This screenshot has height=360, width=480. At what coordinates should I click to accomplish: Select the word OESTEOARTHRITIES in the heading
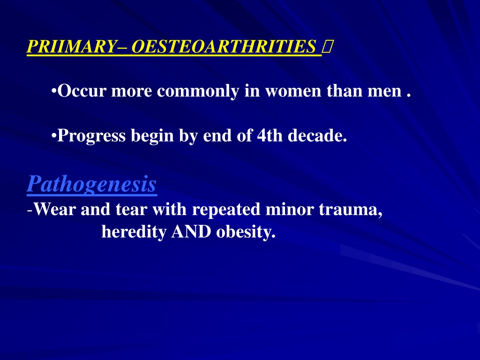click(224, 46)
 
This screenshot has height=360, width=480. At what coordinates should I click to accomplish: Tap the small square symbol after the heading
click(326, 47)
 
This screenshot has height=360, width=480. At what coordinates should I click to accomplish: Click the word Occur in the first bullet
click(82, 91)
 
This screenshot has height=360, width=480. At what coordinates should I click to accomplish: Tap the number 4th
click(270, 135)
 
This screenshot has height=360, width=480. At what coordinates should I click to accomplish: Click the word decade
click(317, 135)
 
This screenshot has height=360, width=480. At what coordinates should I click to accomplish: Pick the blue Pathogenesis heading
click(92, 184)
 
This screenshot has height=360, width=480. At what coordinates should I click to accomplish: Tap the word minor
click(290, 210)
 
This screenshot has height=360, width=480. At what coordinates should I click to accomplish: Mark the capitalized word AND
click(191, 232)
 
